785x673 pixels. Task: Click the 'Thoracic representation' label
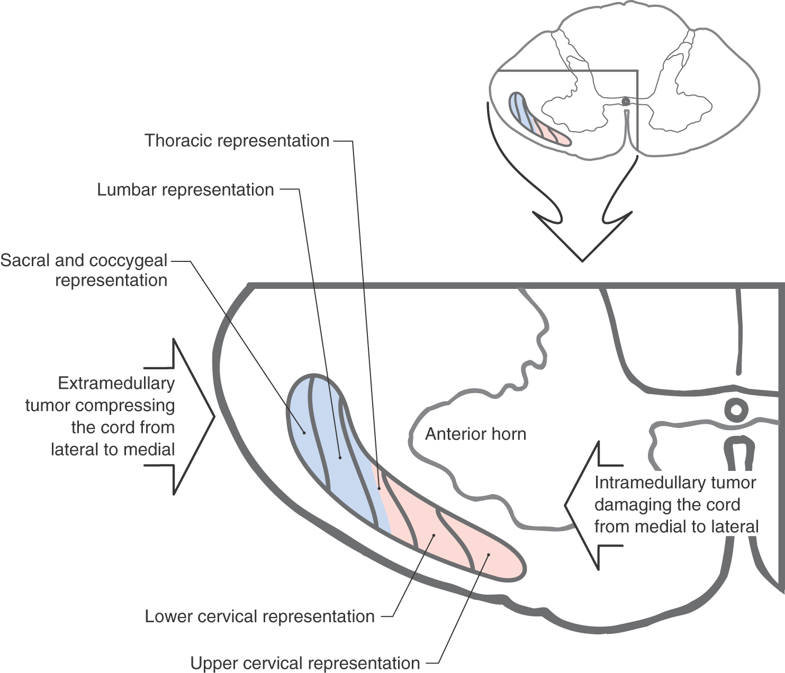coord(237,141)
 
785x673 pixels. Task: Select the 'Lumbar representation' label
coord(185,190)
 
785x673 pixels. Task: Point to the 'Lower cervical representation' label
coord(259,616)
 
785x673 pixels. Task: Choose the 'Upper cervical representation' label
coord(305,663)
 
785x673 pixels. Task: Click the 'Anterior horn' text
coord(475,434)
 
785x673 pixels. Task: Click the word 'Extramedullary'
coord(116,383)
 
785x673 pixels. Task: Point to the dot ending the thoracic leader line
coord(379,489)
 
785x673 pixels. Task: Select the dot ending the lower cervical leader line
coord(434,535)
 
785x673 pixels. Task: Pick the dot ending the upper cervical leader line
coord(489,555)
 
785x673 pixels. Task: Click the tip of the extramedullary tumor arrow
coord(214,417)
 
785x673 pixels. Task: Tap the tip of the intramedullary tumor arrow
coord(565,505)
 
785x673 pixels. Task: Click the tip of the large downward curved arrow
coord(582,260)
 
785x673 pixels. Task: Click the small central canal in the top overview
coord(626,101)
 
